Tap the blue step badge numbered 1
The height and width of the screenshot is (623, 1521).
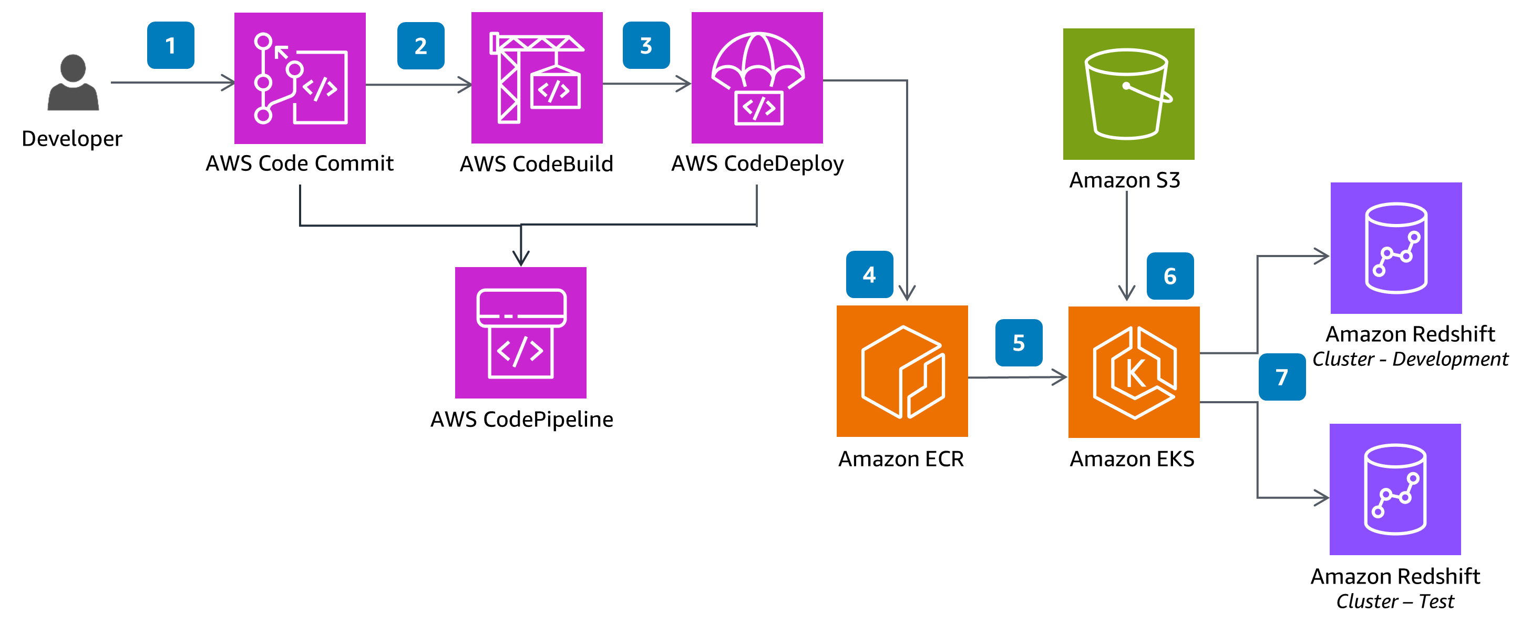point(170,45)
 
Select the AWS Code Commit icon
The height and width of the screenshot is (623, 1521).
point(300,78)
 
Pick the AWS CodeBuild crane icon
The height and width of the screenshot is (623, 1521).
point(536,78)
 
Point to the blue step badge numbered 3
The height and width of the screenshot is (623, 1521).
point(645,45)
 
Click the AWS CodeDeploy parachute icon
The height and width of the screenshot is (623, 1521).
point(756,78)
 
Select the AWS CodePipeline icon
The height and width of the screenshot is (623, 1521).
point(520,332)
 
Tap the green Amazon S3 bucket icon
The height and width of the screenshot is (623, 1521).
point(1128,94)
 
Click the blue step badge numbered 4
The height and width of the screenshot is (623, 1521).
point(869,274)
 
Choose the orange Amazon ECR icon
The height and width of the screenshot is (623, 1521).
point(902,371)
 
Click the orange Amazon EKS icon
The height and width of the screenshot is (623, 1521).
point(1133,372)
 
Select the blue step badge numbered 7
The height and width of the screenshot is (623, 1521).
point(1281,377)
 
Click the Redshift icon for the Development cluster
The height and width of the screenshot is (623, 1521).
point(1395,248)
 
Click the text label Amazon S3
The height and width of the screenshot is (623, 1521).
point(1124,180)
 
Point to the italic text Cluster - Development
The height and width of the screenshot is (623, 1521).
point(1410,359)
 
